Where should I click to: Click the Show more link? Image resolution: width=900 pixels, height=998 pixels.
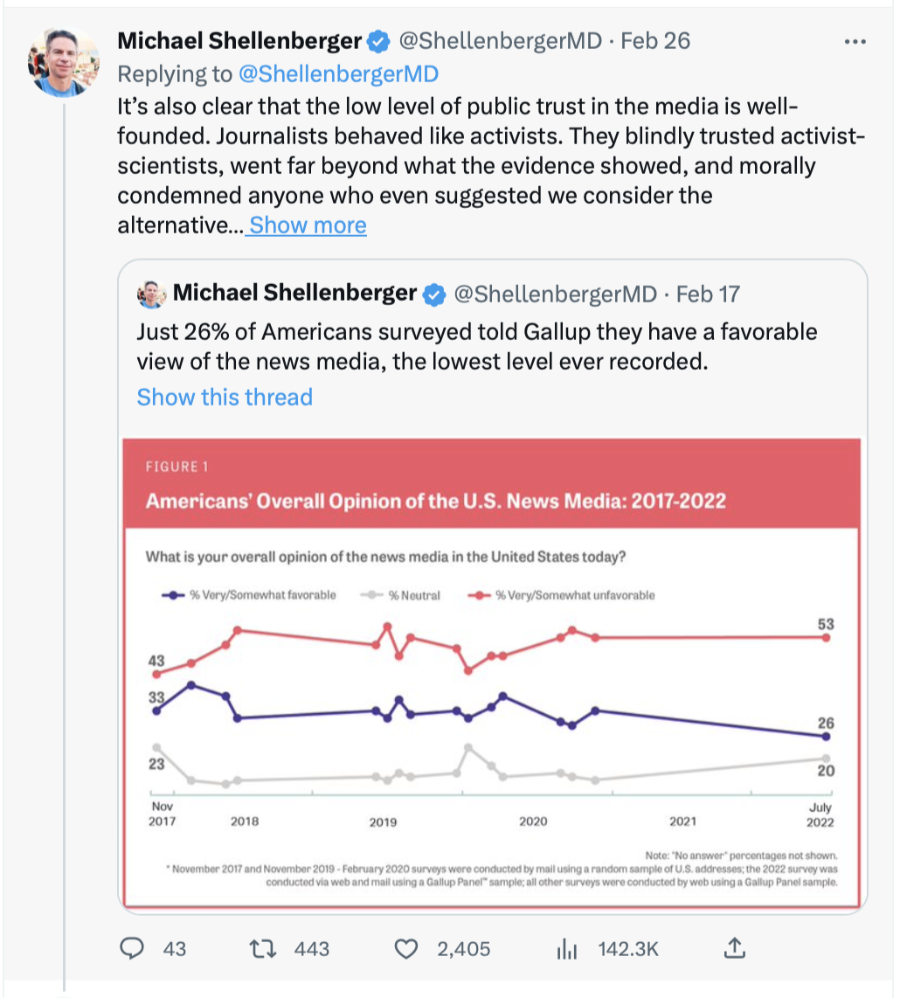[308, 225]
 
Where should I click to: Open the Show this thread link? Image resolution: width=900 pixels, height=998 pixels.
[225, 397]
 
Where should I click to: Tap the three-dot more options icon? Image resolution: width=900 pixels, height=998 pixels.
[855, 42]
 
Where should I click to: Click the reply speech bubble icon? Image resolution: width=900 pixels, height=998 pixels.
[132, 948]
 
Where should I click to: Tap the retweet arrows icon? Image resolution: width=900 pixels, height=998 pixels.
[262, 949]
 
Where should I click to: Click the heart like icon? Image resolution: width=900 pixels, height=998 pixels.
[406, 949]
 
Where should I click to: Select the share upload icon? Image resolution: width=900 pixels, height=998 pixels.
[735, 948]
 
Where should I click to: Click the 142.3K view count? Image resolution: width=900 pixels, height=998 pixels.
[628, 949]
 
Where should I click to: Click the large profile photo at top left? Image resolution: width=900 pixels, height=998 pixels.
[63, 62]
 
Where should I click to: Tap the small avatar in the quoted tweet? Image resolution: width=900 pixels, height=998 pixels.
[151, 294]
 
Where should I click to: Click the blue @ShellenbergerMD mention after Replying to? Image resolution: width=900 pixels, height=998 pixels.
[339, 73]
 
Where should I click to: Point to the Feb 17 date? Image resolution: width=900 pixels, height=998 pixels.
[708, 294]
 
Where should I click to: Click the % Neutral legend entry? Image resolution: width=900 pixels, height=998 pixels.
[400, 595]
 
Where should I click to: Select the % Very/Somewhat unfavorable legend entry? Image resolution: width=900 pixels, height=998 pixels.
[561, 595]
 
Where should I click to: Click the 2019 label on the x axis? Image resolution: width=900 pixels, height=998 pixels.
[383, 822]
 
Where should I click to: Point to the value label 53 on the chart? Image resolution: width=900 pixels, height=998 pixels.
[826, 624]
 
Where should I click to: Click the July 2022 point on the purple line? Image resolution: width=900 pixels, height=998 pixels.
[827, 737]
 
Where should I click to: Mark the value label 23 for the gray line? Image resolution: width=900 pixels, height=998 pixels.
[156, 764]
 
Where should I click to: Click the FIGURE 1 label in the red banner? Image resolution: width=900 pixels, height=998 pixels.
[177, 467]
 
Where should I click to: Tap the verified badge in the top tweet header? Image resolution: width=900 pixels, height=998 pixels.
[378, 41]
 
